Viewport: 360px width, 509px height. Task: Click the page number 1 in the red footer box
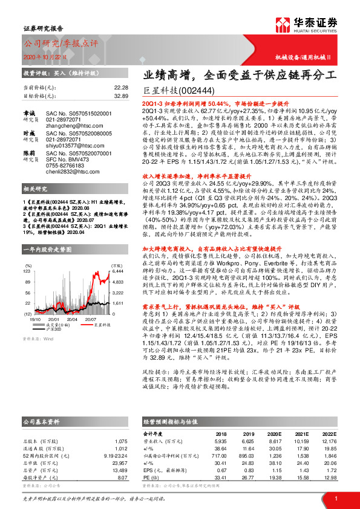pyautogui.click(x=335, y=498)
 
